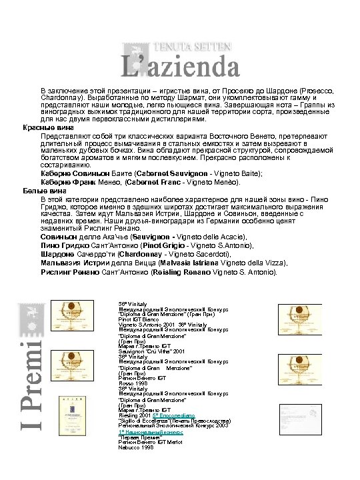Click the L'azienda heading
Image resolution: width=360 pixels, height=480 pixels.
(181, 65)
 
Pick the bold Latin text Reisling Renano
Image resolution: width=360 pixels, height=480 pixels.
(161, 272)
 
